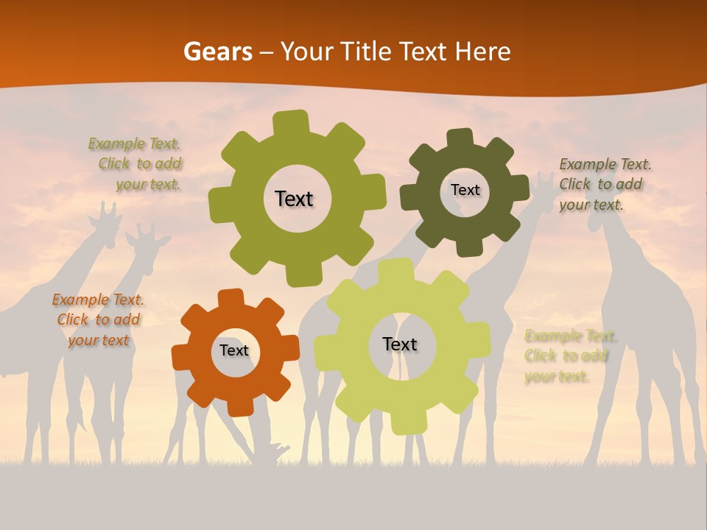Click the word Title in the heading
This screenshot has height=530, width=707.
[x=366, y=52]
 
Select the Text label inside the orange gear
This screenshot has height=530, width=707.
[x=234, y=350]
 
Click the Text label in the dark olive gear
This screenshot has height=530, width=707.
[x=465, y=190]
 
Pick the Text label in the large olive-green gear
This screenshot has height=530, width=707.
[x=294, y=199]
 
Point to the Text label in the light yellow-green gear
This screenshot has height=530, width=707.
[x=400, y=344]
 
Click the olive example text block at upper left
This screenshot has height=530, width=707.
[x=137, y=163]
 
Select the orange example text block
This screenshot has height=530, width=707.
[x=98, y=319]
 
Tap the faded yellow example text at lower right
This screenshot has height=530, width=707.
[x=568, y=356]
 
